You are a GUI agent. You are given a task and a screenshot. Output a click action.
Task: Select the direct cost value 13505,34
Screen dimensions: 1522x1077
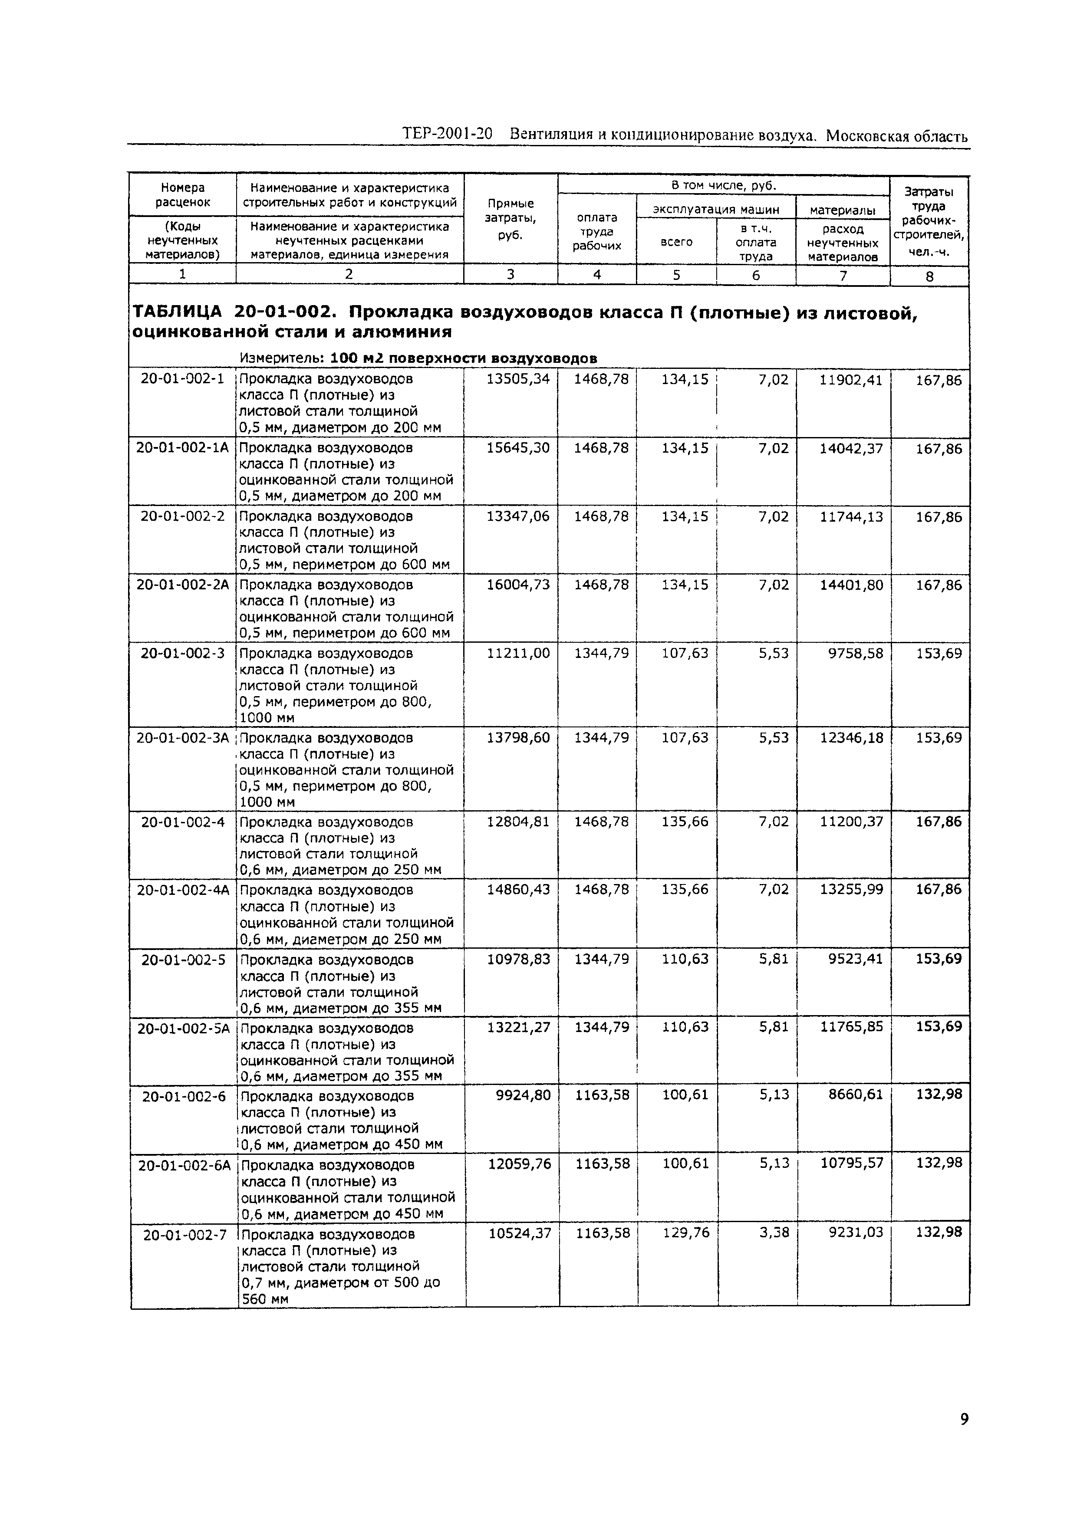click(x=518, y=379)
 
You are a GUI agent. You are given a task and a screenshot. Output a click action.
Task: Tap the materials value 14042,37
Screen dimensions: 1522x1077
click(x=851, y=448)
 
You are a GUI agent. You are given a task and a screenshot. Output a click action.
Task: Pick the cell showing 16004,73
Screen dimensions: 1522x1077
click(x=518, y=585)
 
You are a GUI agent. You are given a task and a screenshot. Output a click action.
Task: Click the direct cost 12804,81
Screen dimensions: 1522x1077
click(x=518, y=821)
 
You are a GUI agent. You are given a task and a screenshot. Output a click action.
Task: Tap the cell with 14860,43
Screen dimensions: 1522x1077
click(x=518, y=889)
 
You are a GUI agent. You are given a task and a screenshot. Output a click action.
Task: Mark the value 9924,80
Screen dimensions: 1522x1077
click(x=523, y=1095)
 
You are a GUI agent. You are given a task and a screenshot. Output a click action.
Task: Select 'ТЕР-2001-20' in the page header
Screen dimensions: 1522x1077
click(x=447, y=135)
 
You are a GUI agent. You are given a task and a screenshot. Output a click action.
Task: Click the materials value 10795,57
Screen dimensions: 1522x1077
click(x=852, y=1164)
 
